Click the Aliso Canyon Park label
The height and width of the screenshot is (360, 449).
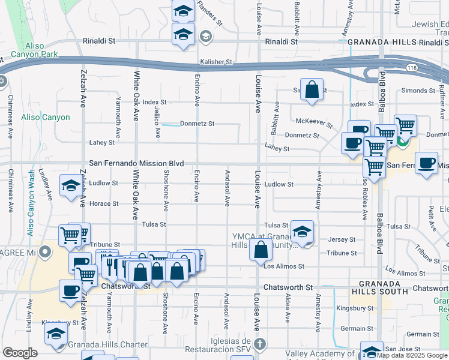[45, 50]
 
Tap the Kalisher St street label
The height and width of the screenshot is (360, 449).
[217, 62]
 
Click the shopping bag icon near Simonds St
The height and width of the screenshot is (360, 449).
[312, 91]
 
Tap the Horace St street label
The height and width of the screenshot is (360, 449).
[104, 203]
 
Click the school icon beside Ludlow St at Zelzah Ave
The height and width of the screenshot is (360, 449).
[71, 186]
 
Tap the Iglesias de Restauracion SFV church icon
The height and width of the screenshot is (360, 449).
[259, 344]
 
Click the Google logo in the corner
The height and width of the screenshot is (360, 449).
[20, 353]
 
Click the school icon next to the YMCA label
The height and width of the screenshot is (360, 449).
[303, 232]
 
